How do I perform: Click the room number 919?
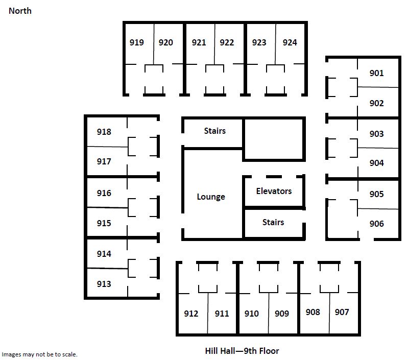137,42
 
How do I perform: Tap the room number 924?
290,42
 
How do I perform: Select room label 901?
376,73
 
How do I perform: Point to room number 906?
376,224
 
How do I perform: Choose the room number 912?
191,314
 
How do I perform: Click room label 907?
342,312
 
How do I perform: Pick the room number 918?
104,132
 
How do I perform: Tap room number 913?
104,284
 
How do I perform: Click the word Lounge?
211,197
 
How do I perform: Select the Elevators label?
274,191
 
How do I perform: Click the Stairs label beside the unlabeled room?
214,131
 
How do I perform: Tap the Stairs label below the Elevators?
273,222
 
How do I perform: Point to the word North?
20,11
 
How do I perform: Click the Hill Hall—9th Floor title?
242,351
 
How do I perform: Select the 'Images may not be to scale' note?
39,354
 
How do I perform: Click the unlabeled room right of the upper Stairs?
274,139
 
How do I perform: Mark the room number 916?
104,193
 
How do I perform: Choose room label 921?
199,42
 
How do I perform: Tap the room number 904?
376,163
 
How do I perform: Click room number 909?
282,314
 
